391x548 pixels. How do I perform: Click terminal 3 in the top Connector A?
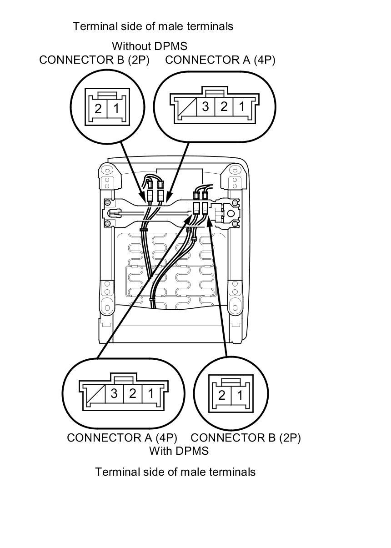(206, 107)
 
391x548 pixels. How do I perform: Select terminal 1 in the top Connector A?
(241, 107)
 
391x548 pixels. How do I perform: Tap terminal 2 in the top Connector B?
(98, 109)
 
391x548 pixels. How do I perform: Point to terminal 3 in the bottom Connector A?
(114, 393)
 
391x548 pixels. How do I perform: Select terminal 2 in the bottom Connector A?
(132, 393)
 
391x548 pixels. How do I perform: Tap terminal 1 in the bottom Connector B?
(239, 395)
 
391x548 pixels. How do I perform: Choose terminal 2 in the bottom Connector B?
(221, 395)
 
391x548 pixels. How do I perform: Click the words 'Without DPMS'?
(149, 46)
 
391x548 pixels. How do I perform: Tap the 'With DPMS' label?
(179, 451)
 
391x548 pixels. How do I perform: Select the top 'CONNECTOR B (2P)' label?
(94, 60)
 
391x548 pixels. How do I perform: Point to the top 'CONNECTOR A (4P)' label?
(220, 60)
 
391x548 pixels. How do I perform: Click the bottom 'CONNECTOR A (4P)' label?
(122, 437)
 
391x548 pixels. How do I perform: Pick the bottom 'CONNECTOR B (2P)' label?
(246, 437)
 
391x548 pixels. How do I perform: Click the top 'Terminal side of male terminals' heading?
(153, 26)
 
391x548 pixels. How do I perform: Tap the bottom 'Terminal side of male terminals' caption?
(175, 472)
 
